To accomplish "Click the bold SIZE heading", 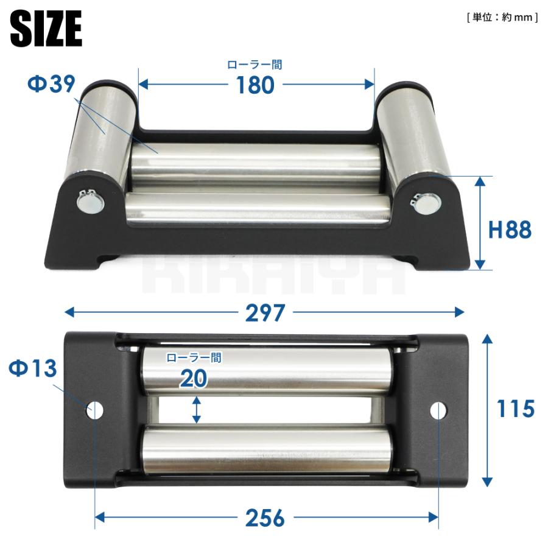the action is (46, 28).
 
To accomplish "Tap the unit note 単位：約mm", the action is (502, 17).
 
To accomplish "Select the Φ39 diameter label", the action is (51, 84).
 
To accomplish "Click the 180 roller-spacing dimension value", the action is (255, 85).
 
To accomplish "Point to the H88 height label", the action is (510, 230).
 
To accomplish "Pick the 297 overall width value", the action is (265, 313).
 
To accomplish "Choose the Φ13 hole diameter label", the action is (32, 368).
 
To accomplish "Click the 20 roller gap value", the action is (194, 379).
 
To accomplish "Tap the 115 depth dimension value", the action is (516, 408).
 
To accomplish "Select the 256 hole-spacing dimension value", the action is (265, 518).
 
